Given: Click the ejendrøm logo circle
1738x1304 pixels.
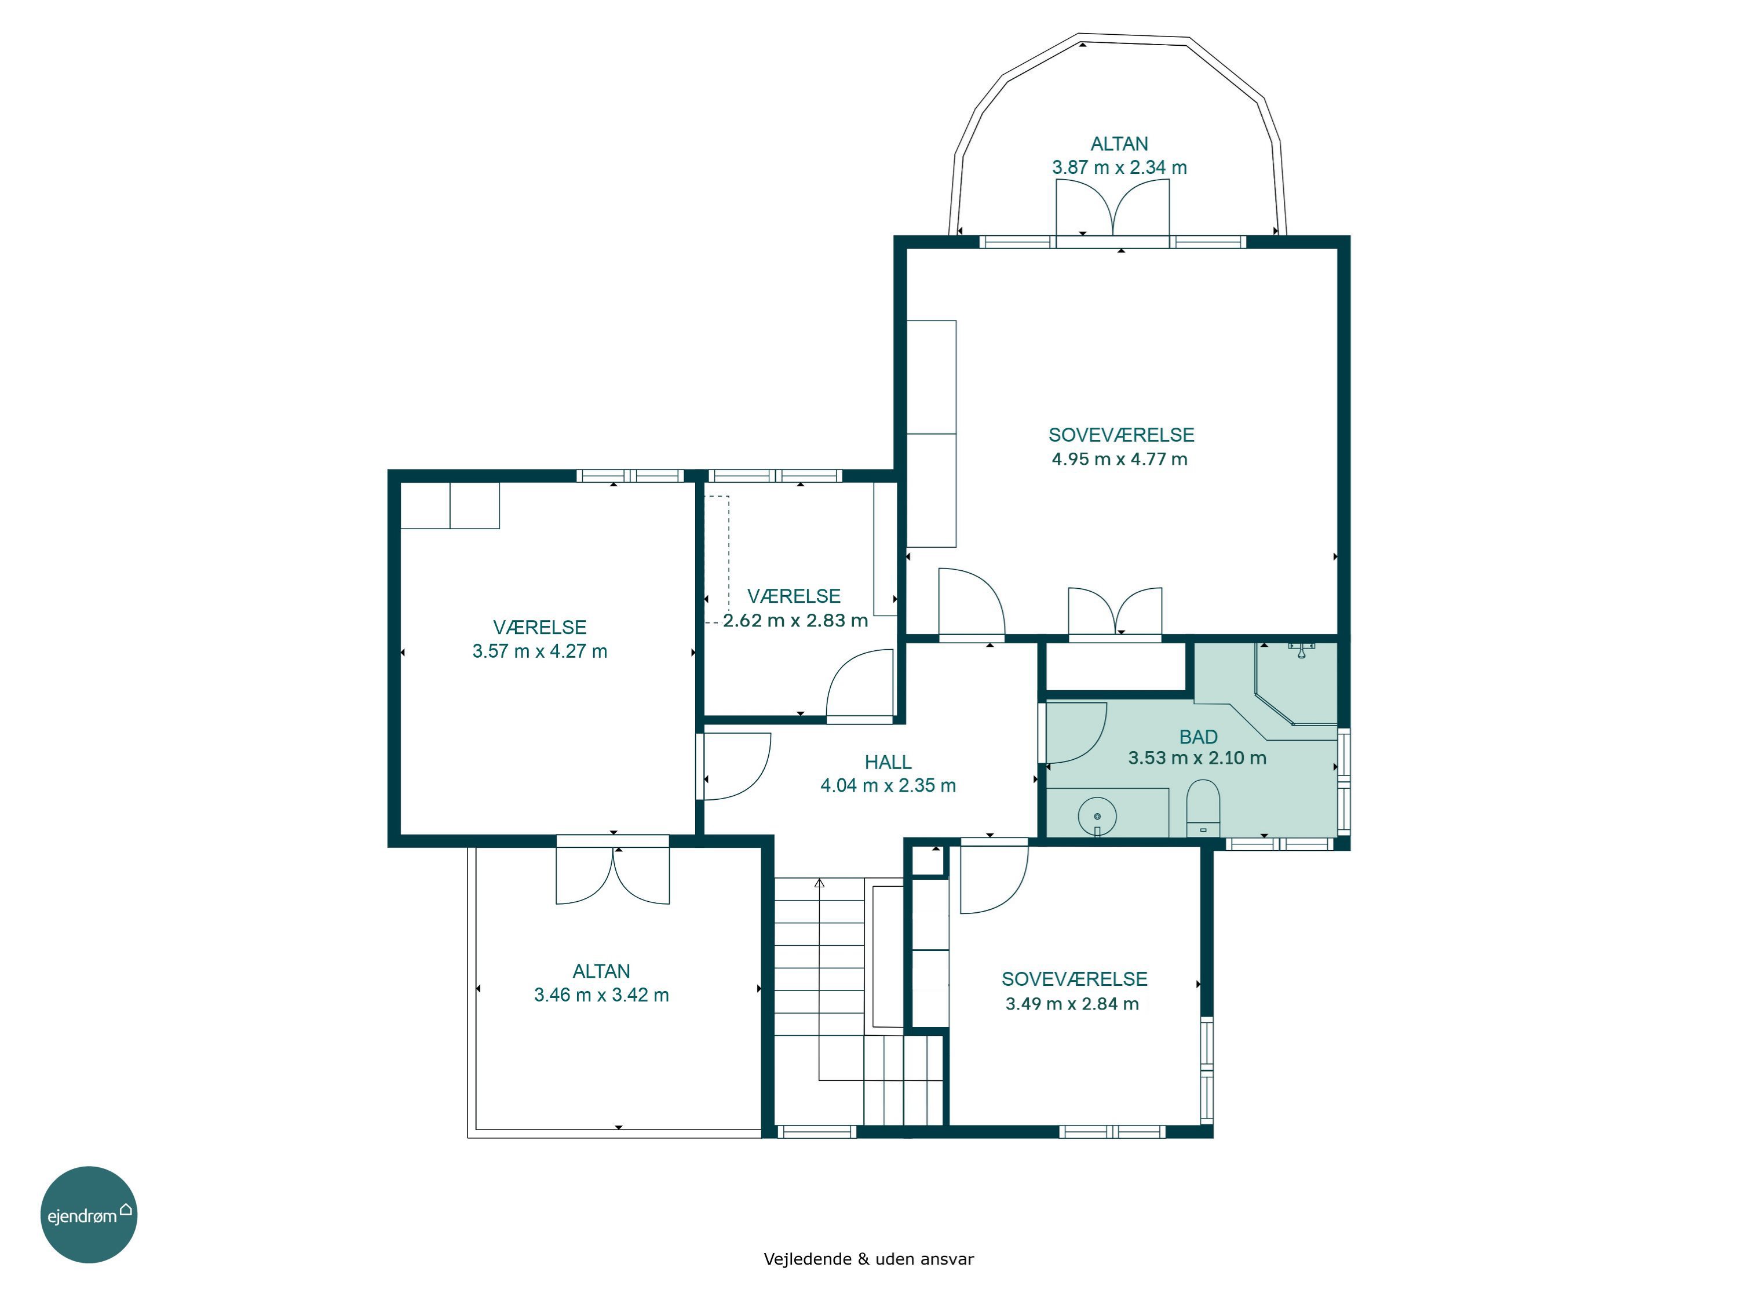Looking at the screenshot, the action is [89, 1214].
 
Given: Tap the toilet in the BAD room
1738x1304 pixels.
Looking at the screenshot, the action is [1202, 808].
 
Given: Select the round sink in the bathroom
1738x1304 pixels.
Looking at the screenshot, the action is [1097, 817].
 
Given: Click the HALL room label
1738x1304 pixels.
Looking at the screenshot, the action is [888, 762].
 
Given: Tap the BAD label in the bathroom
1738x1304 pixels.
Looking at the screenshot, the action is [1198, 737].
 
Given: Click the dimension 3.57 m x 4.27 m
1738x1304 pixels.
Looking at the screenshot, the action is [540, 651].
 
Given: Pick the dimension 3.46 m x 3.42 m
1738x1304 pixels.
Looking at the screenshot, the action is [601, 995].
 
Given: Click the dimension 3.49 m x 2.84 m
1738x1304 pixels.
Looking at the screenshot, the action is [1072, 1004].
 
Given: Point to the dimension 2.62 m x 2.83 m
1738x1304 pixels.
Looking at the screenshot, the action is [795, 620].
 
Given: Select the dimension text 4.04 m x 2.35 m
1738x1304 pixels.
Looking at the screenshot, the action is [888, 785].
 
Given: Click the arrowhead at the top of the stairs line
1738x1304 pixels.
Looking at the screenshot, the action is [820, 883].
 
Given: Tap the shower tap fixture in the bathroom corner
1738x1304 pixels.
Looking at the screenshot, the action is [1301, 649].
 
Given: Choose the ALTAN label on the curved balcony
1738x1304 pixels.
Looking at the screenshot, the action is [1119, 144].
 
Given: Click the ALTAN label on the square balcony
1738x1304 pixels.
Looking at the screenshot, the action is [601, 971].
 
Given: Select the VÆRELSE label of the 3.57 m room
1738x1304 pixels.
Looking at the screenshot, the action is [540, 627].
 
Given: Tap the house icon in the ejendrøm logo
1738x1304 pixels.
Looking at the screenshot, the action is [126, 1209].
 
